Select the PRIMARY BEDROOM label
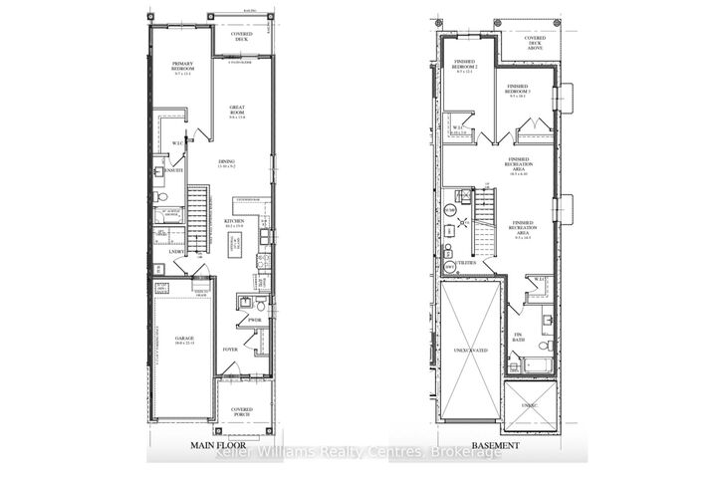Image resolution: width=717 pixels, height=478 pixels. (x=183, y=67)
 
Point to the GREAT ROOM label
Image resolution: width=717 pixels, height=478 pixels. (x=237, y=112)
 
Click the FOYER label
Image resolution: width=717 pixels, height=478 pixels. (x=230, y=350)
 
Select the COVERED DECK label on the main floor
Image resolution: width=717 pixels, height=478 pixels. (x=240, y=37)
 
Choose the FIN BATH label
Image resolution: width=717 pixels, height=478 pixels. (x=518, y=336)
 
